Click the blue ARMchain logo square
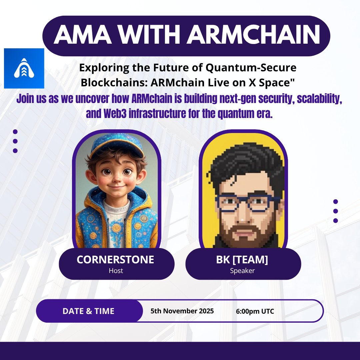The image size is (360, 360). coord(24,68)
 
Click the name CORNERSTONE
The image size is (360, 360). coord(115,260)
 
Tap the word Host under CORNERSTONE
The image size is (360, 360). coord(116,271)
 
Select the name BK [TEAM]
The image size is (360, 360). coord(242,260)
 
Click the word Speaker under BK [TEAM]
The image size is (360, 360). coord(242,271)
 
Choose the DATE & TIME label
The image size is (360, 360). coord(88,311)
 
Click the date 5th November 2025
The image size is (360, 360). coord(182,311)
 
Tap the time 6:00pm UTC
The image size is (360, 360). coord(255,311)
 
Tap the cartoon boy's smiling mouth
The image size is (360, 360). coord(115,186)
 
